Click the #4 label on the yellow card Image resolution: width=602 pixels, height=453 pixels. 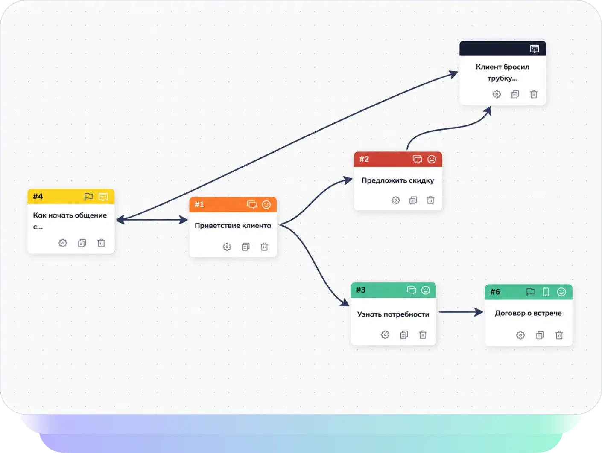point(38,196)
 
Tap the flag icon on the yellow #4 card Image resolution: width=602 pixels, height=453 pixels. point(88,197)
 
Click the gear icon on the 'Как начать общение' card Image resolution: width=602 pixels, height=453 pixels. point(63,243)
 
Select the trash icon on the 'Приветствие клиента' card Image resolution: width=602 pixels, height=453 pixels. point(264,247)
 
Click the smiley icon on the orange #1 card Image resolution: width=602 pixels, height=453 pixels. point(266,205)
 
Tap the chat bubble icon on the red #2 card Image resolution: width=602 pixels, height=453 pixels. point(417,159)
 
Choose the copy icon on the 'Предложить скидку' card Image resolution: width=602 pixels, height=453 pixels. point(413,200)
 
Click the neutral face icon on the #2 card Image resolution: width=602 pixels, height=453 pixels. point(432,159)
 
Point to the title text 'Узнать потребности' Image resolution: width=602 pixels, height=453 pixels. point(393,314)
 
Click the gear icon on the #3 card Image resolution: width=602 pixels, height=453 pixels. point(385,335)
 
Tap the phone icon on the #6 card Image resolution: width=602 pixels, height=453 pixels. point(546,292)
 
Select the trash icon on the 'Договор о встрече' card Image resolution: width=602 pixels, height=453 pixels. point(559,335)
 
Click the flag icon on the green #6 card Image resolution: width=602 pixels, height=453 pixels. point(530,292)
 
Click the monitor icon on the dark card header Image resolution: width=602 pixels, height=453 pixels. point(535,49)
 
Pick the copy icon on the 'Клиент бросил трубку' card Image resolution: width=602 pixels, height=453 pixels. point(515,95)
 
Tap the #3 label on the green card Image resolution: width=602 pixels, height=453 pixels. point(361,290)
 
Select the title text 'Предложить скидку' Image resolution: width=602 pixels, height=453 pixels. point(397,181)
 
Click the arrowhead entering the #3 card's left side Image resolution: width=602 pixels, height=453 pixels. point(345,302)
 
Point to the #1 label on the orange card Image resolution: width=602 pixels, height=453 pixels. point(199,205)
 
